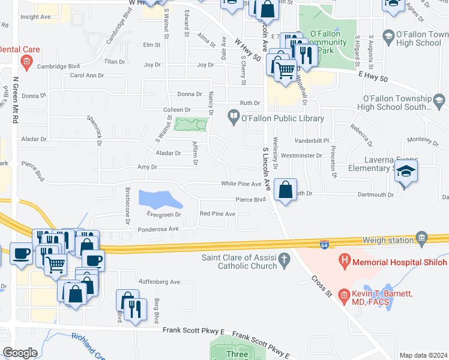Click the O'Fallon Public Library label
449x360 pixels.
pos(282,118)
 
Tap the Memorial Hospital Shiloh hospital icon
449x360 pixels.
pos(344,261)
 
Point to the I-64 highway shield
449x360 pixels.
pos(324,245)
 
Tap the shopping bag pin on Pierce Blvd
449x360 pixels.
pos(286,191)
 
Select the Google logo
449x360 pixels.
pos(20,353)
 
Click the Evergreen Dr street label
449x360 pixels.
pos(164,214)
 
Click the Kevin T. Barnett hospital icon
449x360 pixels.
pos(344,294)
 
